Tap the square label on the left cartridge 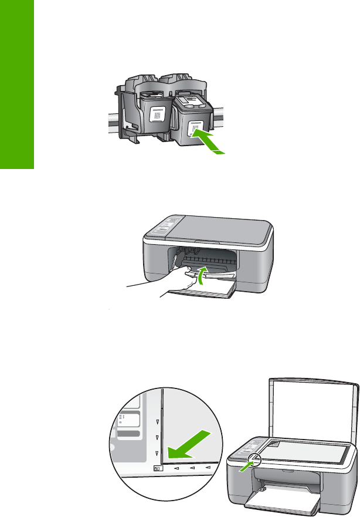coord(157,114)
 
